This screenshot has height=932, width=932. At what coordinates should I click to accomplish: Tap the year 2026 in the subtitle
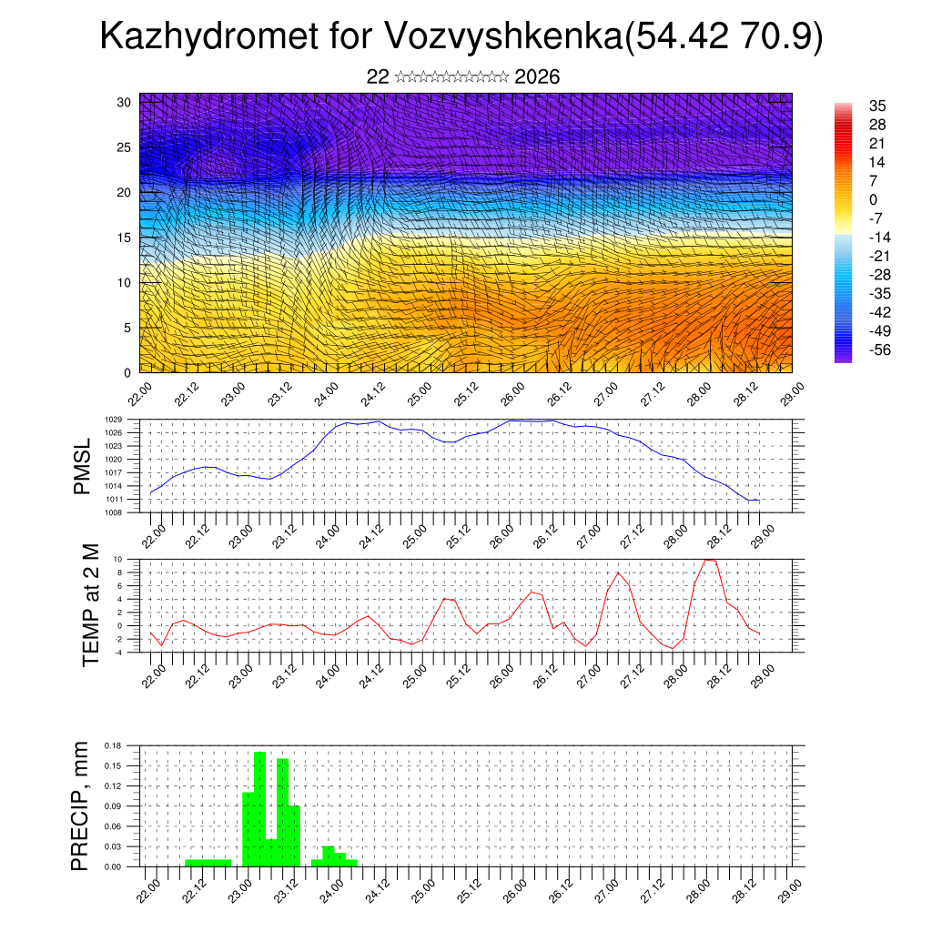coord(537,77)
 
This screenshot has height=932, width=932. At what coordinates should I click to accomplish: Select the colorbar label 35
coord(878,106)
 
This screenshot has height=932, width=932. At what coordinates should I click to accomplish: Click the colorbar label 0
coord(874,200)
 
